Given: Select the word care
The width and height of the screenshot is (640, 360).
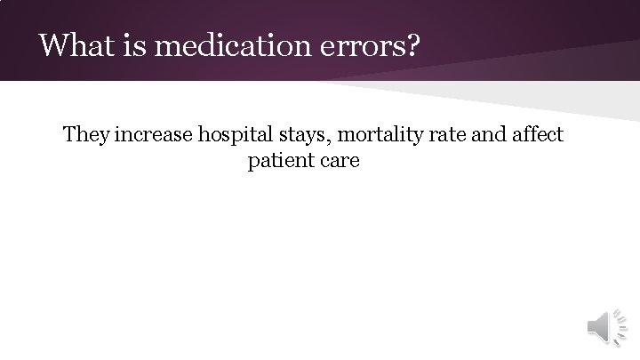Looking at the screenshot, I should [x=340, y=163].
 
